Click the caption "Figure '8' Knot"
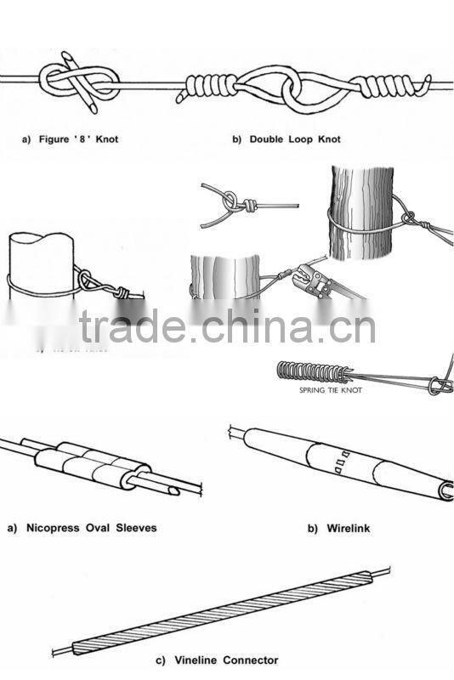coord(70,139)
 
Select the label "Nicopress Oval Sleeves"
coord(82,528)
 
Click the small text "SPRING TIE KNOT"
coord(327,391)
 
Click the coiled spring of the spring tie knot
coord(309,372)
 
